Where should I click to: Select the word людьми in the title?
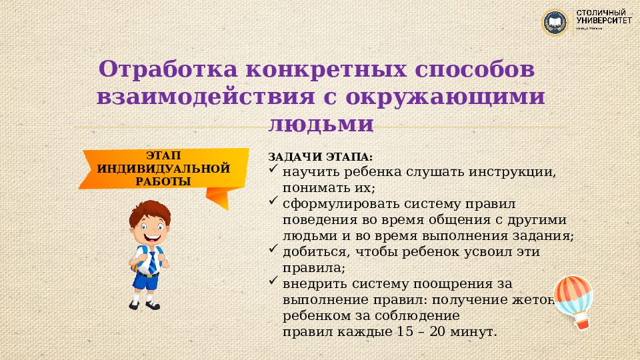click(x=320, y=124)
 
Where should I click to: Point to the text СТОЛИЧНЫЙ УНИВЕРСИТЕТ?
click(x=604, y=17)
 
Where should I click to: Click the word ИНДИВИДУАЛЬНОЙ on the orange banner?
click(x=163, y=168)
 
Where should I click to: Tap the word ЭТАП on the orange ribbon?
click(x=163, y=155)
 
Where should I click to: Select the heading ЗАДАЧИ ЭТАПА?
click(x=321, y=157)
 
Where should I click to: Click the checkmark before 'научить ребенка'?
click(x=273, y=170)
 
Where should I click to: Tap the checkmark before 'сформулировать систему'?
click(x=273, y=199)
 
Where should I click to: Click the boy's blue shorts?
click(x=145, y=281)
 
